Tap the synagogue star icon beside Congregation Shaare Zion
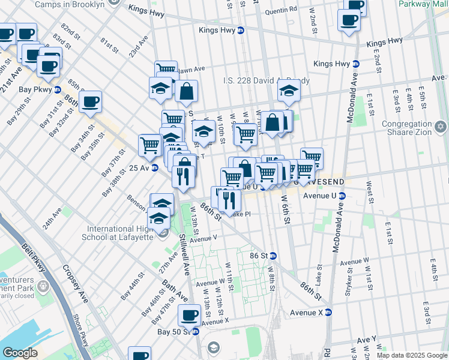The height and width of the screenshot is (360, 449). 441,128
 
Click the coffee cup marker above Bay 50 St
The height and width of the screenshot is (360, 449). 190,314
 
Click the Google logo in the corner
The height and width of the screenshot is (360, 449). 20,352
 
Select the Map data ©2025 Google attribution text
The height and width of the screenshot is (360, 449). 412,355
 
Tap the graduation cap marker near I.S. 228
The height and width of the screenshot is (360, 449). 289,92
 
